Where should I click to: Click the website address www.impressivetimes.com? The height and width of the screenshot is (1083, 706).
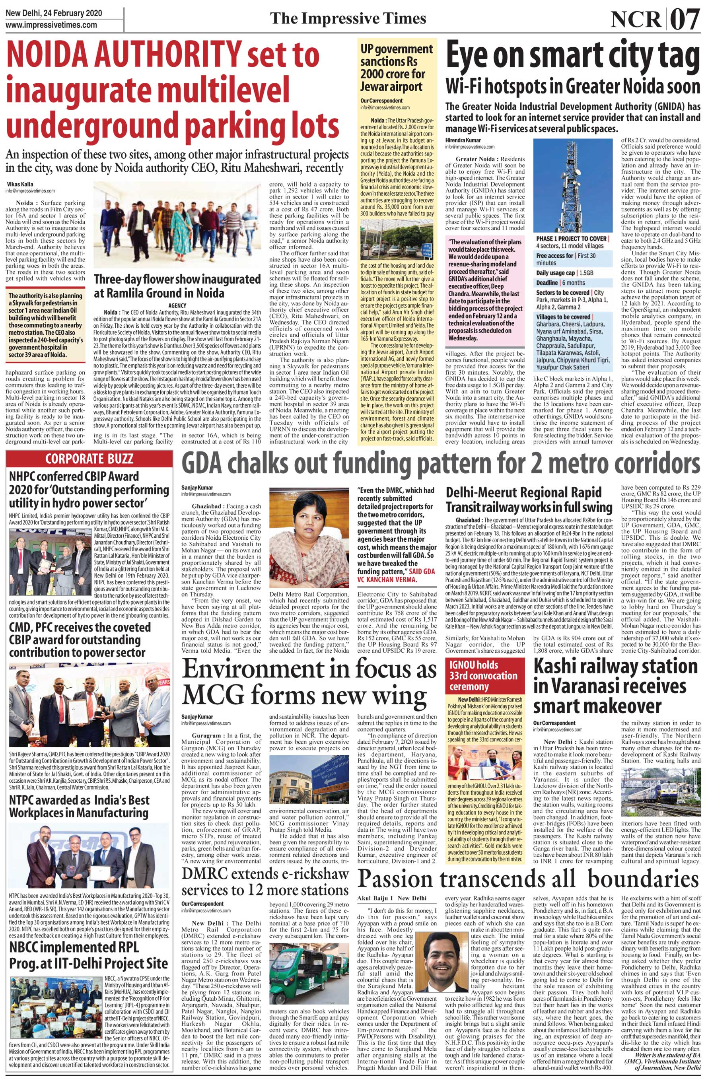click(x=51, y=25)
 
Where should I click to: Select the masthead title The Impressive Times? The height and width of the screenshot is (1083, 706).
click(x=348, y=18)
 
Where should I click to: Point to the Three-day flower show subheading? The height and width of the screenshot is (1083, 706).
click(x=176, y=285)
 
